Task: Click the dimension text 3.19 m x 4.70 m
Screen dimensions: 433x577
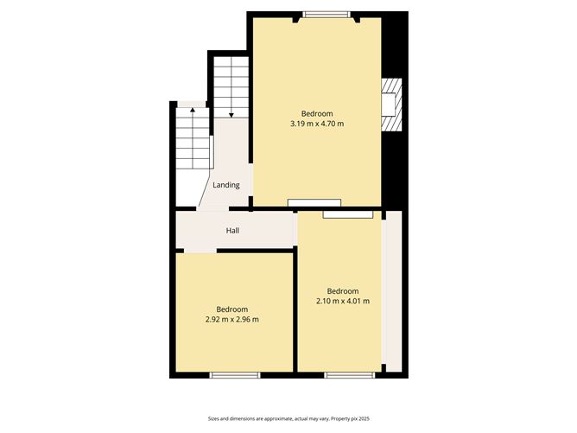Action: (317, 124)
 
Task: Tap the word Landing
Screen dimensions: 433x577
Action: (226, 185)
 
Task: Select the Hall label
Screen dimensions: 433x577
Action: (232, 231)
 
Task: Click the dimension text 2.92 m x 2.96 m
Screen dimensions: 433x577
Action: (232, 320)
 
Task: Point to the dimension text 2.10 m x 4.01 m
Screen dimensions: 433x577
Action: (343, 302)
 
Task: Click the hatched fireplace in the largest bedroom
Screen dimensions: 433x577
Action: (391, 105)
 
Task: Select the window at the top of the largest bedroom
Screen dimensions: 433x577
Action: (327, 14)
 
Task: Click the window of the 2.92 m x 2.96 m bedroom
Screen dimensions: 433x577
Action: (235, 374)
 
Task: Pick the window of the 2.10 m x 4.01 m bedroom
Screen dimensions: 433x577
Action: (350, 374)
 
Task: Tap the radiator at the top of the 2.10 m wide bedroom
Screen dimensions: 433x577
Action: (348, 213)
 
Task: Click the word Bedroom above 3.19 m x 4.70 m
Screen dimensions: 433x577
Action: (317, 114)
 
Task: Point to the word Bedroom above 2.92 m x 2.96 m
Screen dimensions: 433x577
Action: (232, 309)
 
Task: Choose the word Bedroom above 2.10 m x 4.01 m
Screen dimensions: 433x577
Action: (343, 291)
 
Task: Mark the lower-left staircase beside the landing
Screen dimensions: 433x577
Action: (191, 138)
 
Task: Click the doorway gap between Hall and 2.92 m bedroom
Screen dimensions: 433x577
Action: (199, 251)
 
